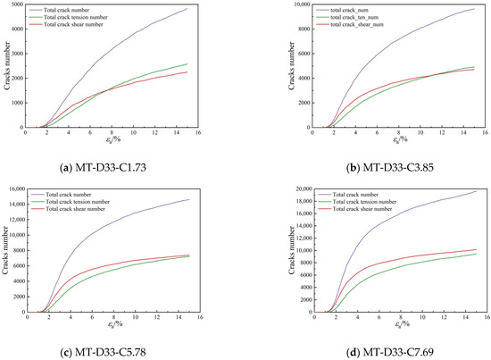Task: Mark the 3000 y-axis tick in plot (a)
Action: (17, 54)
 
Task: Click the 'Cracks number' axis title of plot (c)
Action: (4, 250)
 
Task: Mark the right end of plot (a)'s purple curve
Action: (212, 9)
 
